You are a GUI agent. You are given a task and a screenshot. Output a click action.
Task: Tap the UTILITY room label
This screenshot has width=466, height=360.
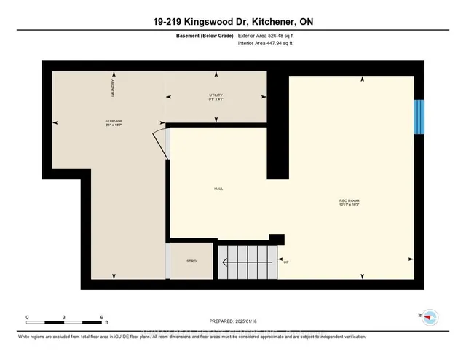click(215, 95)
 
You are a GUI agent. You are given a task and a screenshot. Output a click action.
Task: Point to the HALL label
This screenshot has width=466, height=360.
click(218, 188)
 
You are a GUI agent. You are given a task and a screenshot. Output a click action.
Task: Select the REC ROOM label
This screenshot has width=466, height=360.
click(349, 200)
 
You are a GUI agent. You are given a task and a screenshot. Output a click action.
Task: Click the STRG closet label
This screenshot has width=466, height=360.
click(191, 260)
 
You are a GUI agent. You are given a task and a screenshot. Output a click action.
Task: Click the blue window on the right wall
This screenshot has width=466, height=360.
click(419, 117)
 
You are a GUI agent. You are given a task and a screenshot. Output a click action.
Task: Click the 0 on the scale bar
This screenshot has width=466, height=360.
click(27, 317)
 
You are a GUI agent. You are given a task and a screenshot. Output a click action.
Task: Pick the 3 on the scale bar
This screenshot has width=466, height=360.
click(65, 317)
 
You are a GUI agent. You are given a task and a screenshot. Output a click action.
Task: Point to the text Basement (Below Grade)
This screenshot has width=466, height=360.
click(202, 35)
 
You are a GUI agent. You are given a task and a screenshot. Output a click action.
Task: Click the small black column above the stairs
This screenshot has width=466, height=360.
click(276, 238)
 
